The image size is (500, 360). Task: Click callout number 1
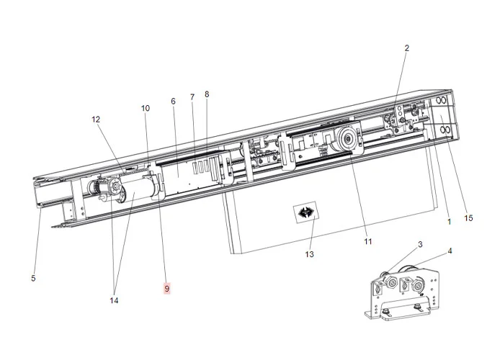tap(449, 222)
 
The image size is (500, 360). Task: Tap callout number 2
tap(406, 48)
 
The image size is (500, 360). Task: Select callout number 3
tap(420, 246)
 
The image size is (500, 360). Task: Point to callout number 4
tap(450, 251)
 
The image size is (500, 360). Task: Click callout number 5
tap(33, 278)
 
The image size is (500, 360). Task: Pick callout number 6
tap(173, 102)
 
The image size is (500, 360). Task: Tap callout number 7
tap(192, 96)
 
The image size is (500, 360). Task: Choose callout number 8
tap(207, 94)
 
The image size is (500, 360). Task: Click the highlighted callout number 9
tap(166, 289)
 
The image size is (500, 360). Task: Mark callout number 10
tap(146, 109)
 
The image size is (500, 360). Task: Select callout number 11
tap(367, 242)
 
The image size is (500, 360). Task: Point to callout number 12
tap(96, 120)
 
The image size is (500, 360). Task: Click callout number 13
tap(310, 254)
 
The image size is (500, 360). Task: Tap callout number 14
tap(114, 300)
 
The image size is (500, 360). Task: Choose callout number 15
tap(468, 218)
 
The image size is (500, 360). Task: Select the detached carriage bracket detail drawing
tap(405, 289)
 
